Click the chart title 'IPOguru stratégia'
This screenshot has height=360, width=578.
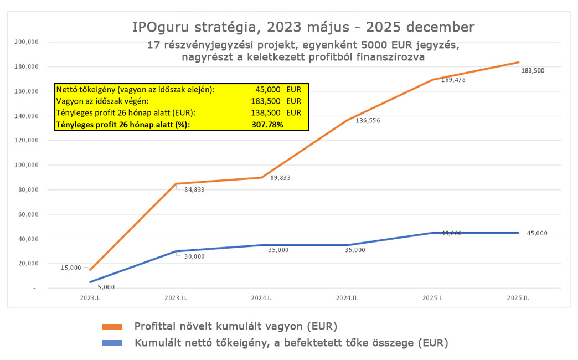click(303, 27)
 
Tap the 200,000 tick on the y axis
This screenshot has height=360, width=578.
click(26, 42)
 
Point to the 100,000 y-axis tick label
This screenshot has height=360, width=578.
click(26, 165)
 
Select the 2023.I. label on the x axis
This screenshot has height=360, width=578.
click(90, 298)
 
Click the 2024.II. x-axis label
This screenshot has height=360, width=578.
click(348, 298)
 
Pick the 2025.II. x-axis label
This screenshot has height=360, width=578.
click(519, 298)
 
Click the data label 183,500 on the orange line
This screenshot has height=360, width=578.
click(533, 71)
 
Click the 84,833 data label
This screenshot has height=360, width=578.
click(191, 189)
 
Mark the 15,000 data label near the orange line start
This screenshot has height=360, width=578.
click(71, 268)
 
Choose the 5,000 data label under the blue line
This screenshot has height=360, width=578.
click(106, 287)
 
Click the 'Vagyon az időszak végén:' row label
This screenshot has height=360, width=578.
click(100, 101)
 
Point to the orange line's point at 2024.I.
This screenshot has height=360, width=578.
click(261, 177)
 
